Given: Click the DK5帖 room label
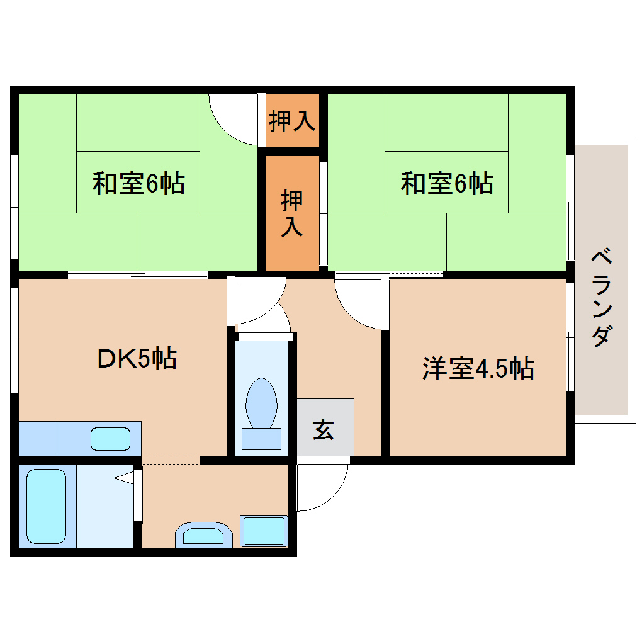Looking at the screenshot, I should coord(137,358).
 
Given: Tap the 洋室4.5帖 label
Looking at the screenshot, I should coord(478,368).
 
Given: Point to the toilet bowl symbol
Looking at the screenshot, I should coord(261,403).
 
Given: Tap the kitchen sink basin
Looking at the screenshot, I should coord(111,439).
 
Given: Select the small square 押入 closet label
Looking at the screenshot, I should coord(292,120).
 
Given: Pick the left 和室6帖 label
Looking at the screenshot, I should coord(138,184).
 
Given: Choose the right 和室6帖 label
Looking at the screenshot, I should coord(447,184).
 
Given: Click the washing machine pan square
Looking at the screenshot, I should coord(264,531).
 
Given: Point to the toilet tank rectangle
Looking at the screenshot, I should coord(261,439).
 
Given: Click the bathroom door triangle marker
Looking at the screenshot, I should coord(126,478).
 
